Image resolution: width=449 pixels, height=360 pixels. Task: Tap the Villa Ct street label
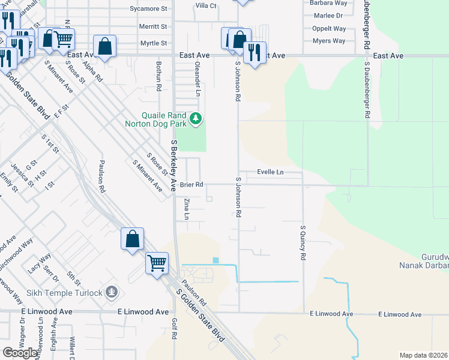tap(206, 5)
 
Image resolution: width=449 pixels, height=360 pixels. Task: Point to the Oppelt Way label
tap(329, 28)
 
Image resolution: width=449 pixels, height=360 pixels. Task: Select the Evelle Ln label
tap(270, 172)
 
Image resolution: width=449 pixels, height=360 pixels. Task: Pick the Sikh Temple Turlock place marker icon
tap(110, 293)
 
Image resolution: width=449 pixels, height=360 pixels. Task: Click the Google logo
tap(20, 353)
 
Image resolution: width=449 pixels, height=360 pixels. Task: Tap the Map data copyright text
tap(424, 355)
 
